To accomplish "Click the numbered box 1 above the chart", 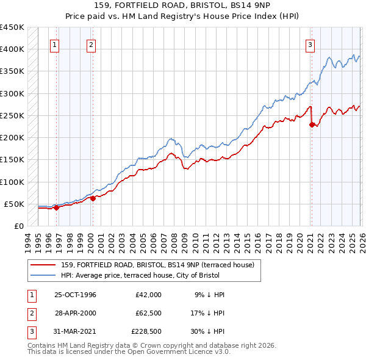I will pos(55,44).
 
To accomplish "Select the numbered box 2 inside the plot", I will pos(91,44).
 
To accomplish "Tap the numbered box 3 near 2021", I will pos(310,44).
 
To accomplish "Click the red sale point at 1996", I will pos(57,207).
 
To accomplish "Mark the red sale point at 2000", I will pos(93,198).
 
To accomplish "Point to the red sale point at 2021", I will pos(312,125).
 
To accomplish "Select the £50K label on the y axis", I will pos(15,204).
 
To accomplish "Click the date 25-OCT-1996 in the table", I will pos(75,295).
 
